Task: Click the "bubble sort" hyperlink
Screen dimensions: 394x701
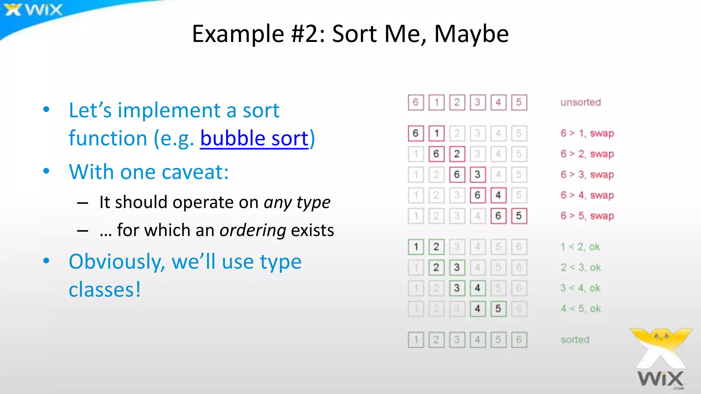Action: pos(254,138)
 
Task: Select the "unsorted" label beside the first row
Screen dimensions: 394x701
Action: pos(581,102)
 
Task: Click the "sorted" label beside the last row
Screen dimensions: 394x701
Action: pos(575,340)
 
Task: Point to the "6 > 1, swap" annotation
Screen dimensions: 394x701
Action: pos(587,133)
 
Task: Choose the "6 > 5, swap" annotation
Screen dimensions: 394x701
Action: pos(587,216)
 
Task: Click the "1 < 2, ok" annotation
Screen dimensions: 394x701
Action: pos(580,247)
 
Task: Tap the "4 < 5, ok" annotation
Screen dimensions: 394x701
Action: pos(581,308)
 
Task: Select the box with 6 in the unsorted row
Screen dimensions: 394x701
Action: pos(416,102)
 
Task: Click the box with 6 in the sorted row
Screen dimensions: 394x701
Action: pos(519,340)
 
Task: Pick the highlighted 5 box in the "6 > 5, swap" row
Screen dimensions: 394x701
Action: pos(519,216)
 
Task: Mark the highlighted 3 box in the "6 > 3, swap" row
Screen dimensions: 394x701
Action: pos(477,174)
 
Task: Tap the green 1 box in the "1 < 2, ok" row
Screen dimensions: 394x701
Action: pos(416,247)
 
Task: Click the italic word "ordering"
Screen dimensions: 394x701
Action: pos(253,230)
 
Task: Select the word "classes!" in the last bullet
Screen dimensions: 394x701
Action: pos(105,289)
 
